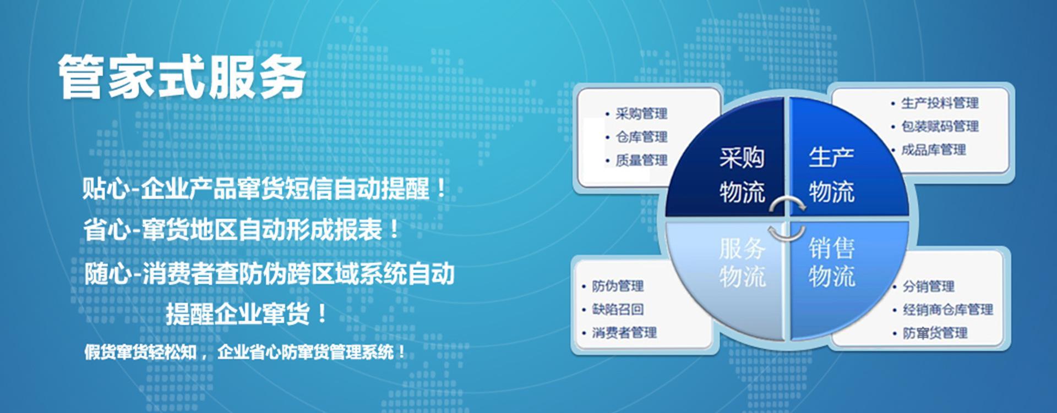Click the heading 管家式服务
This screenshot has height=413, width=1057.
tap(182, 77)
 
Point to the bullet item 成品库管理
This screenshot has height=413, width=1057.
tap(933, 150)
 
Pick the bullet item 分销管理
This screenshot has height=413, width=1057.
tap(928, 286)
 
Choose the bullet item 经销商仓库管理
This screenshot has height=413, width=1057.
tap(947, 310)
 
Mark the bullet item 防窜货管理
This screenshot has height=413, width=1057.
tap(935, 333)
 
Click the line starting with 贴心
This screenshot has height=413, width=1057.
tap(264, 189)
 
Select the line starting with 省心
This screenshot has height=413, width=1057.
tap(242, 230)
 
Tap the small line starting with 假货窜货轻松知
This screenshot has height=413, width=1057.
tap(245, 351)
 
